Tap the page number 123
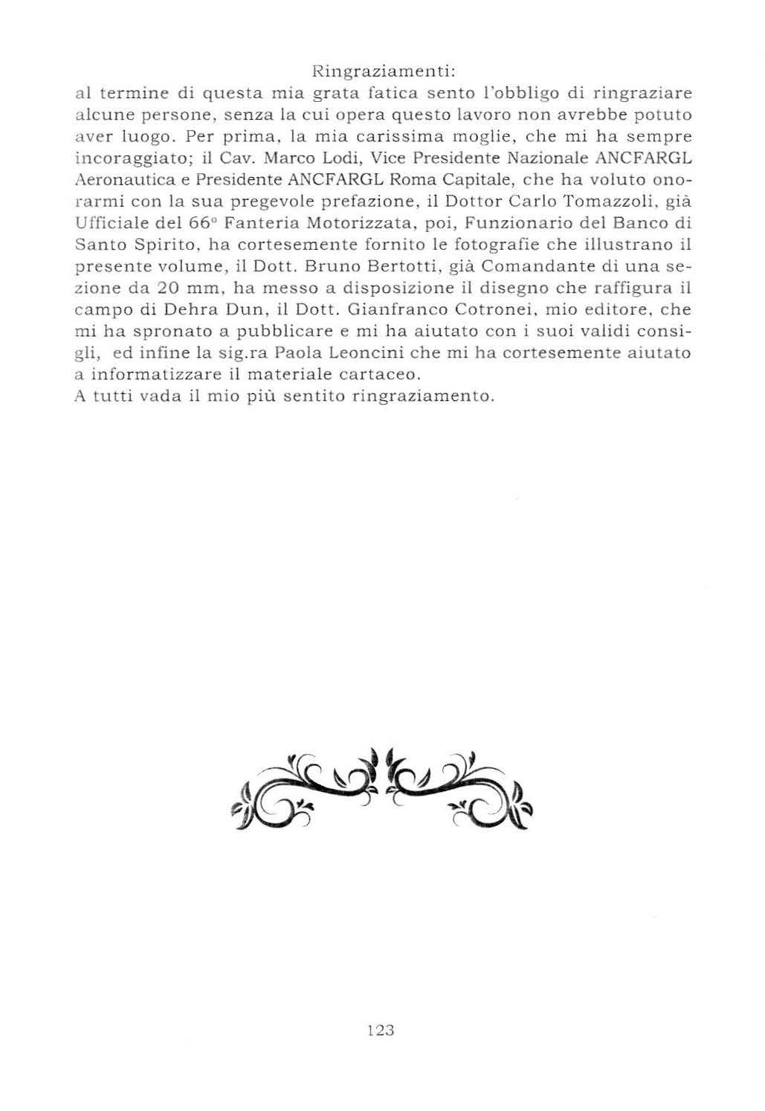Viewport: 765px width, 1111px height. pyautogui.click(x=380, y=1030)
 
